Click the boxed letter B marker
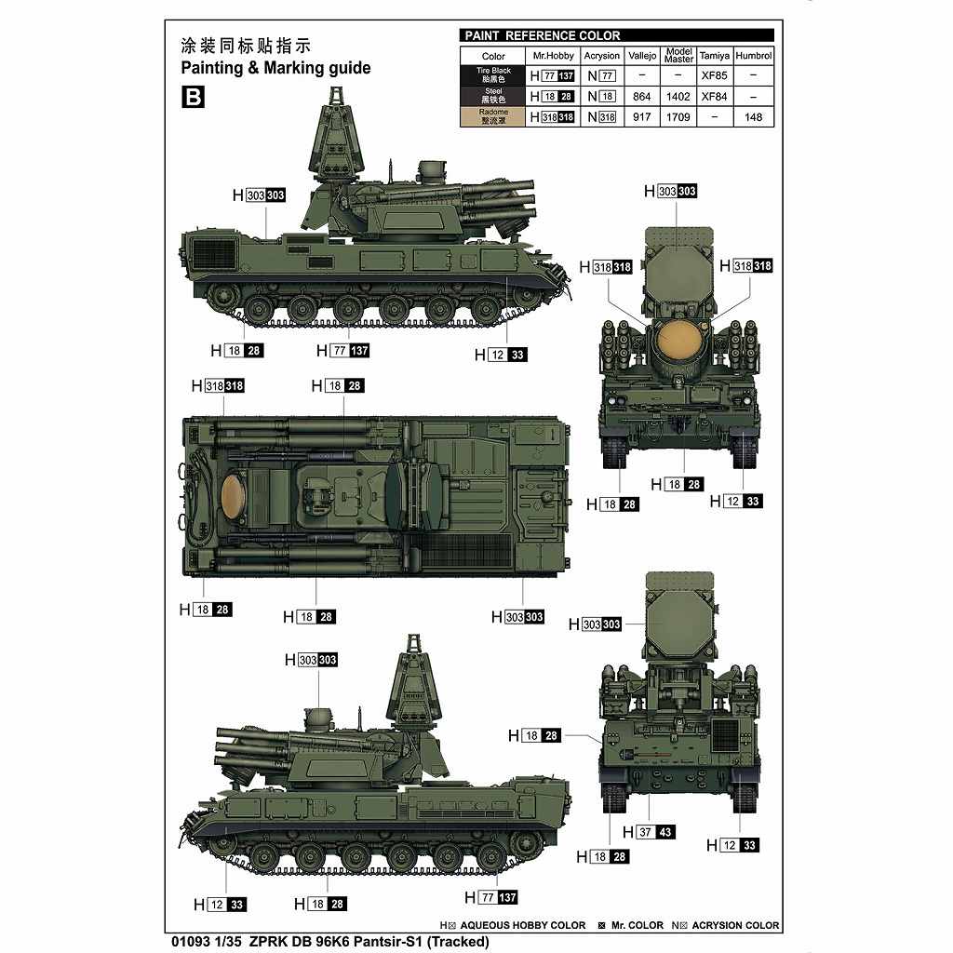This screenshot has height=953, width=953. (x=193, y=97)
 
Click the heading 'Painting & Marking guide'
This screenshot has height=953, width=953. (x=275, y=68)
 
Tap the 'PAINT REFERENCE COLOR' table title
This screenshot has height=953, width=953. (x=541, y=35)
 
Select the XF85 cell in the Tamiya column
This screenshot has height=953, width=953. (x=714, y=75)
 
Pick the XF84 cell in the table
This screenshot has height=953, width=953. (x=714, y=96)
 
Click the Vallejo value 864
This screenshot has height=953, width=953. (x=641, y=96)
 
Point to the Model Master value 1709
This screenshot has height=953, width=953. (x=678, y=117)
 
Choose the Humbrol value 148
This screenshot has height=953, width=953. (x=754, y=117)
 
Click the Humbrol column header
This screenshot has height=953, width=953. (x=754, y=56)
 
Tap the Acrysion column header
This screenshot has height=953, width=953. (x=601, y=56)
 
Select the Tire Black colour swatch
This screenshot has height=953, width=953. (x=493, y=75)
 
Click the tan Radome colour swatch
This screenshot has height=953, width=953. (x=493, y=117)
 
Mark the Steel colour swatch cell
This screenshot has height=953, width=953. (x=493, y=96)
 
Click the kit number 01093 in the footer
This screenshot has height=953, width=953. (x=193, y=941)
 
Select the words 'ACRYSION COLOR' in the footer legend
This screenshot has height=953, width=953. (x=735, y=925)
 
